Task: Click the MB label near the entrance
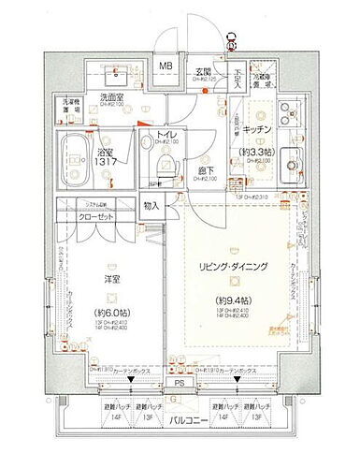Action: [165, 66]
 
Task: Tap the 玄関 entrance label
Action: [204, 66]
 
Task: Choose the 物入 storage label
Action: [151, 205]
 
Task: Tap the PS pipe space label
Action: [179, 382]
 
